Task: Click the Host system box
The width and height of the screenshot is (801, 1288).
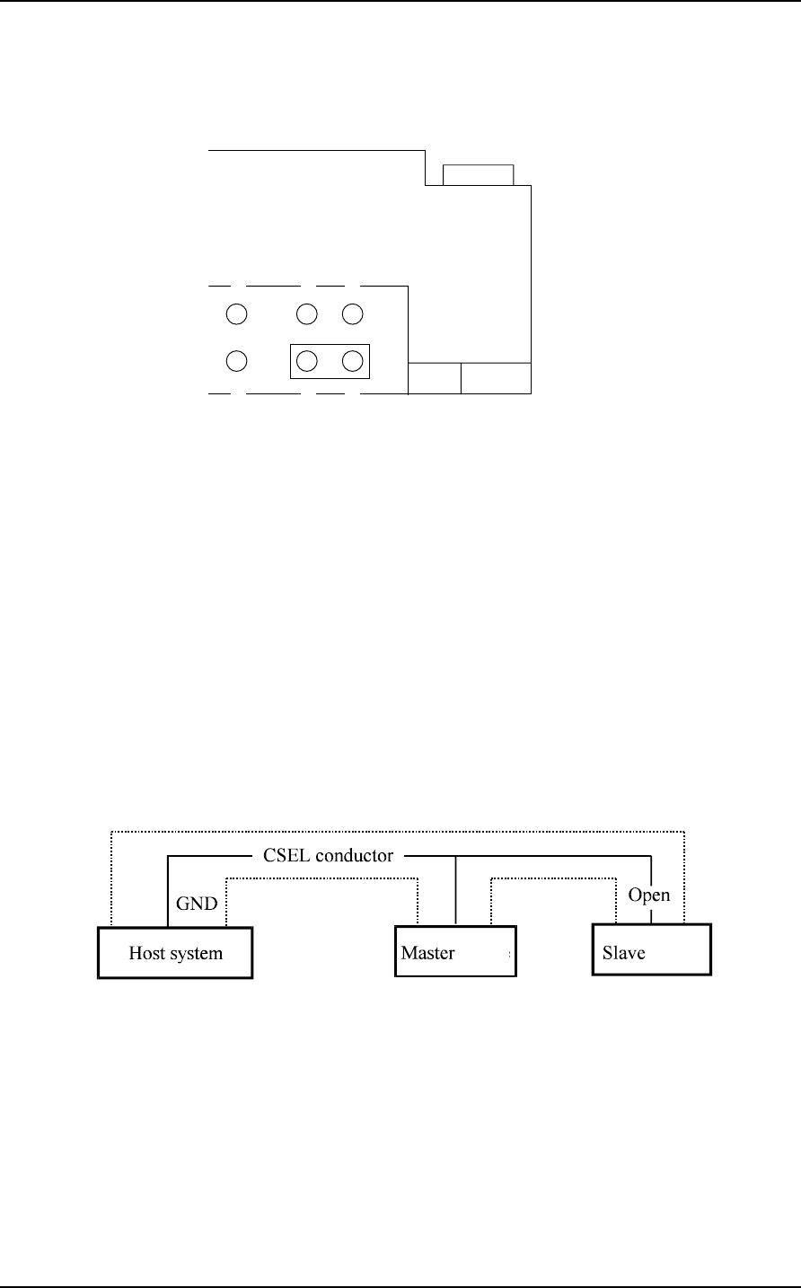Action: pyautogui.click(x=175, y=953)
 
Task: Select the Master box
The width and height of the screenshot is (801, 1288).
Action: pyautogui.click(x=456, y=953)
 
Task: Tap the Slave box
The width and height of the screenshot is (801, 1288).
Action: pyautogui.click(x=652, y=952)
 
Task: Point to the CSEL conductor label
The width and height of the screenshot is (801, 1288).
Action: pyautogui.click(x=328, y=855)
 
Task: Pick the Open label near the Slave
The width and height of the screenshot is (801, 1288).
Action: pyautogui.click(x=648, y=895)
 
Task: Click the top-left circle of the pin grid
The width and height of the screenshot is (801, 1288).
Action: pyautogui.click(x=236, y=314)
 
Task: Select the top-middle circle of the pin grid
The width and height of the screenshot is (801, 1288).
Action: pyautogui.click(x=307, y=314)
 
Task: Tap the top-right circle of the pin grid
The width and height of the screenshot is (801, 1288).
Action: pyautogui.click(x=352, y=314)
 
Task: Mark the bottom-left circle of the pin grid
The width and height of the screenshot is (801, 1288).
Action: pyautogui.click(x=236, y=361)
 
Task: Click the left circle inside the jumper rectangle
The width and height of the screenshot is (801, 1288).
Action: pyautogui.click(x=307, y=361)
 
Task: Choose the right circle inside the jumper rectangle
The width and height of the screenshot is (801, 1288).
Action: pyautogui.click(x=352, y=361)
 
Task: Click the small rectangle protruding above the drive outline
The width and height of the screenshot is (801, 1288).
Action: pyautogui.click(x=478, y=175)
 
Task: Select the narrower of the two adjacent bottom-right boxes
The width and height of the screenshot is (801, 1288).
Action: pyautogui.click(x=435, y=379)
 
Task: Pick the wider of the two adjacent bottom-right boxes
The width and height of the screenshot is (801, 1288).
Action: pyautogui.click(x=496, y=379)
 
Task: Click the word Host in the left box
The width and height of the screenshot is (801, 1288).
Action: pyautogui.click(x=146, y=953)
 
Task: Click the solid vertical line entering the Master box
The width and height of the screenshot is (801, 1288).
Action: pyautogui.click(x=456, y=889)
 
